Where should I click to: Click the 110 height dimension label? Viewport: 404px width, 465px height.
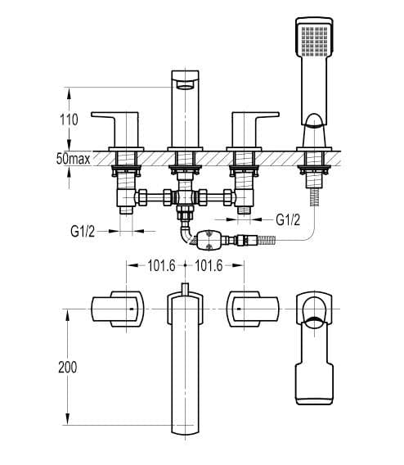coord(69,120)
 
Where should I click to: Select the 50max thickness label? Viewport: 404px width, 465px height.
coord(73,159)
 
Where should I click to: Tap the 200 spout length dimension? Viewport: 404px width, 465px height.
coord(68,367)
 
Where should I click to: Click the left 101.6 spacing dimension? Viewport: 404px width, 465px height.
coord(161,266)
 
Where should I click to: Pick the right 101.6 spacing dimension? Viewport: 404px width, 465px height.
coord(209,266)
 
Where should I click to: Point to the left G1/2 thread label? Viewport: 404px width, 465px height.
coord(83,232)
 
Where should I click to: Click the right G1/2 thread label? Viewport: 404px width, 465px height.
coord(288,219)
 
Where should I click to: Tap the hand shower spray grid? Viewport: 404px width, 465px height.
coord(315,42)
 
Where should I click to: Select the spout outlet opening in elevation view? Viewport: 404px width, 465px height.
coord(185,85)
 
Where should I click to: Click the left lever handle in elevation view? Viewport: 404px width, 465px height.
coord(115,129)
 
